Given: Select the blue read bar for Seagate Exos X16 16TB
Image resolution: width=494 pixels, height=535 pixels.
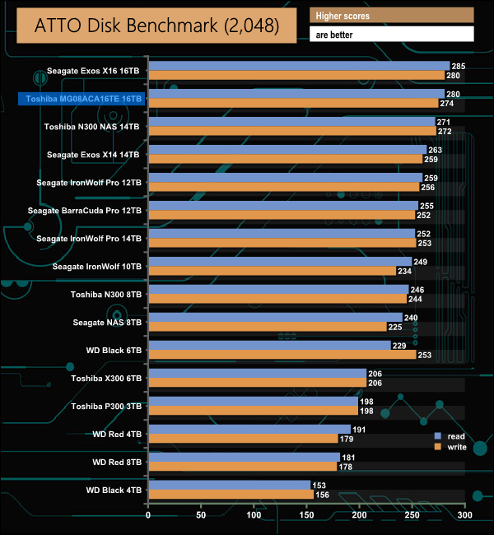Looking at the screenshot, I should pos(298,66).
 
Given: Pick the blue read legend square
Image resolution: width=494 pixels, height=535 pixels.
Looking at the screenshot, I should pos(439,435).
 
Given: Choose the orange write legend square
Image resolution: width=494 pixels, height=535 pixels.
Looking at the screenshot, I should pos(439,447).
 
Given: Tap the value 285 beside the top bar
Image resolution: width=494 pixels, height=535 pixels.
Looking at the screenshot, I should pos(459,66).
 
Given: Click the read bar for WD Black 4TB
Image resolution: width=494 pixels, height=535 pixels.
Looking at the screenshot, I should pos(229,486).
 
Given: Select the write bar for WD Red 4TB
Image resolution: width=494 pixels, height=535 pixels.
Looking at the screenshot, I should pos(242,439).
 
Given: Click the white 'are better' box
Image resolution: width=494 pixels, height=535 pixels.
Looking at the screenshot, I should pos(391,34).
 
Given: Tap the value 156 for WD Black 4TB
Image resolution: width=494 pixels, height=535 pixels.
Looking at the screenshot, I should pos(320,495).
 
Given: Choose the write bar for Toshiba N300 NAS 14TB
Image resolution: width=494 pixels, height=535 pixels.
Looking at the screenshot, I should pos(291,131).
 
